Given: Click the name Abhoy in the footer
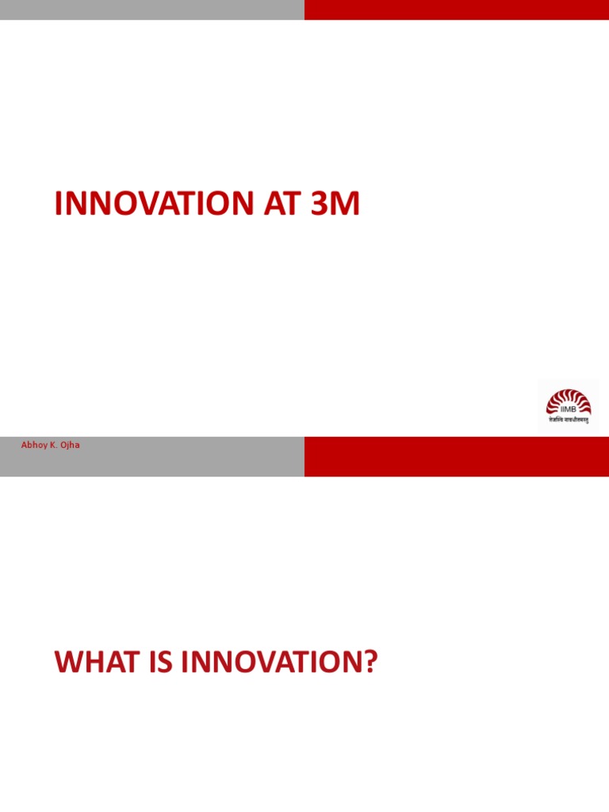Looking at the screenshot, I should (x=33, y=446).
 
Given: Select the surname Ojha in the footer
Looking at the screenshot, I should (x=69, y=446).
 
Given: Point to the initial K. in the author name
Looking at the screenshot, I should (x=52, y=446).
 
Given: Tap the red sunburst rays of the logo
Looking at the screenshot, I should (x=568, y=396).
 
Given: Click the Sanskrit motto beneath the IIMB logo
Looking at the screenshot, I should (x=568, y=419).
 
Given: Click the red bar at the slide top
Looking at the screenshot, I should (x=457, y=10).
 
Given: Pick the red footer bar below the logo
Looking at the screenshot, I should (x=457, y=456).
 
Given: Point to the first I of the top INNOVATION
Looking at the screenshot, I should (x=58, y=205).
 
